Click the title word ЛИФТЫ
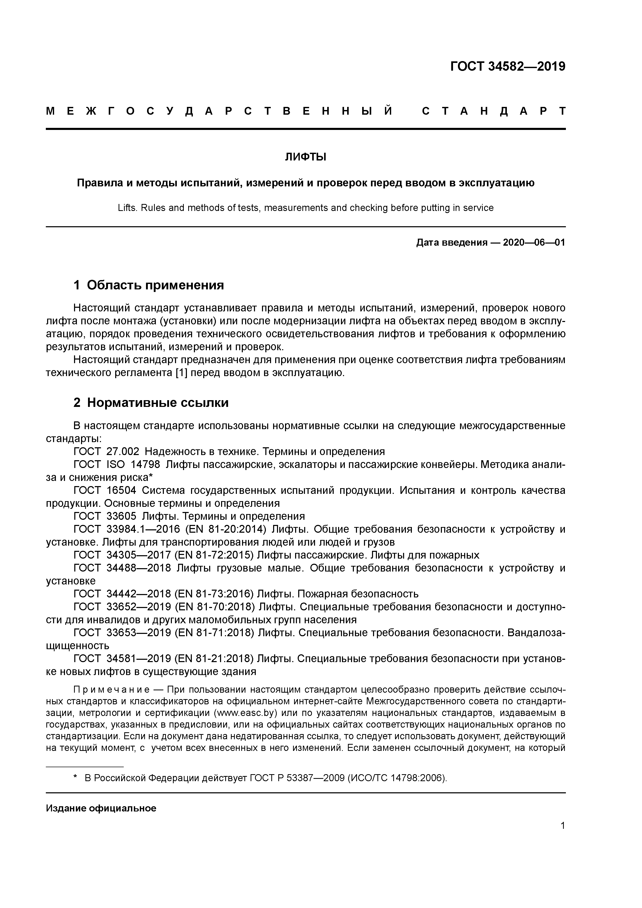[305, 157]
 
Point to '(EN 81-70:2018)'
[214, 607]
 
